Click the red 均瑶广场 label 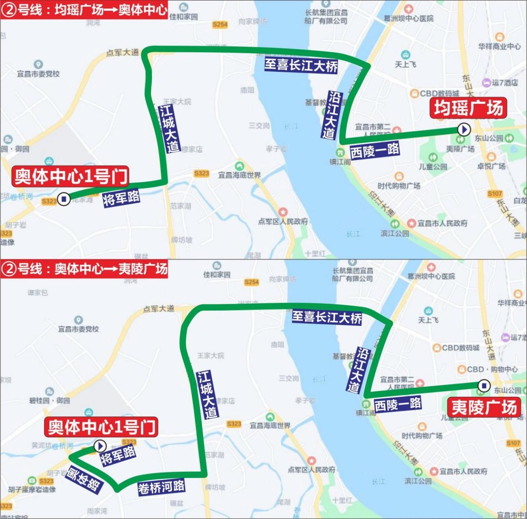tap(469, 108)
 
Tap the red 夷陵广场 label tap(484, 407)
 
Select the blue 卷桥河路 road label tap(161, 487)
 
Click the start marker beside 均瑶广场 tap(464, 130)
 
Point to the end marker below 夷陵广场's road tap(483, 385)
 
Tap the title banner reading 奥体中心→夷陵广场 tap(84, 269)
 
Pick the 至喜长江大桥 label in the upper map tap(301, 65)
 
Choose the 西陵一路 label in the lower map tap(398, 404)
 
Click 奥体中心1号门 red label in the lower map tap(102, 427)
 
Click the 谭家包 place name tap(38, 293)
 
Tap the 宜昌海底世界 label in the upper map tap(239, 175)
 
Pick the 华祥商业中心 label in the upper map tap(499, 46)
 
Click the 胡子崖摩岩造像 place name tap(32, 490)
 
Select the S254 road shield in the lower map tap(252, 282)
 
